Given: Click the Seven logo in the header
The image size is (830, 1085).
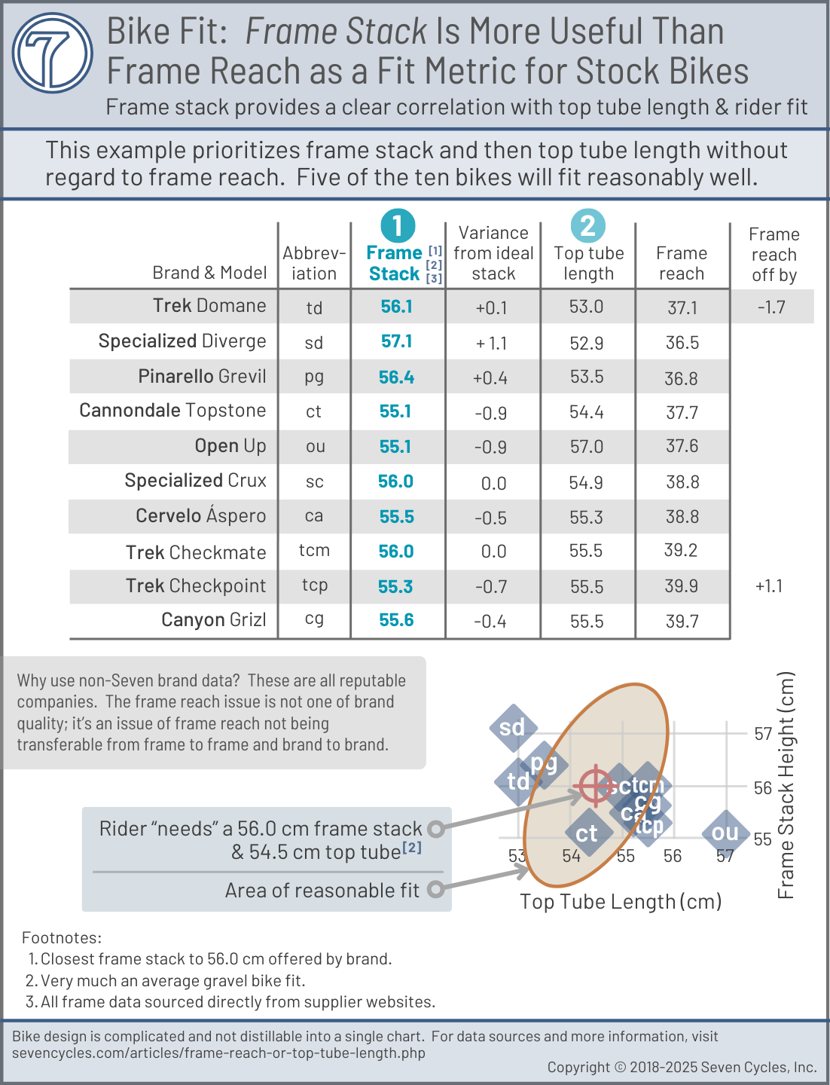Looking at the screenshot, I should (x=53, y=53).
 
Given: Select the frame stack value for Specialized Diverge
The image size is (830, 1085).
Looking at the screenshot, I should (x=396, y=341).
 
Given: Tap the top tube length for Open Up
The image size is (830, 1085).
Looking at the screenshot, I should (x=587, y=447).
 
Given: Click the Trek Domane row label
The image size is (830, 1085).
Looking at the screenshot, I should (x=209, y=305).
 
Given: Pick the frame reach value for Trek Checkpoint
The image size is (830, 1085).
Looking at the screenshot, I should (x=682, y=586).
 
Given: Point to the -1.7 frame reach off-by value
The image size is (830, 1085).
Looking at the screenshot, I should (x=771, y=307).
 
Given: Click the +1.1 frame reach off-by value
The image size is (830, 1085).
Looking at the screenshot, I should (x=769, y=586).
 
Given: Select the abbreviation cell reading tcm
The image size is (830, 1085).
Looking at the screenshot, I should (x=314, y=550).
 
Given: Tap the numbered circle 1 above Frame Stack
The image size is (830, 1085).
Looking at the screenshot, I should (x=398, y=225).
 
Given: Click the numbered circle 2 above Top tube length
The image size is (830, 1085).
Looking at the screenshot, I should (x=588, y=225).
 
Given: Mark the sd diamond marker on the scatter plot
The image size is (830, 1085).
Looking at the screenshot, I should (x=513, y=728).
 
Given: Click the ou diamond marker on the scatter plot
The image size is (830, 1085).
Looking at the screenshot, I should (x=725, y=833).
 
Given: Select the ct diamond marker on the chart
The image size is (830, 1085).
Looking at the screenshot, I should (x=587, y=834).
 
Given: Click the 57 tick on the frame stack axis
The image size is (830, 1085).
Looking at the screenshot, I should (x=763, y=733).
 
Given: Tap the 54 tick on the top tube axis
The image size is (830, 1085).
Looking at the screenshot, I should (x=572, y=856).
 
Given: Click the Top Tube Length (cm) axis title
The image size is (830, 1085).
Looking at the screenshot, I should (x=621, y=902).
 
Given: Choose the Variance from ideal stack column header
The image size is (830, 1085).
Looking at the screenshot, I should (x=493, y=253).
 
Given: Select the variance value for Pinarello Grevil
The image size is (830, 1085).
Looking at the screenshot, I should (x=490, y=377).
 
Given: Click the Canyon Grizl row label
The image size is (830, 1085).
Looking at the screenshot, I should (x=214, y=620).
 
